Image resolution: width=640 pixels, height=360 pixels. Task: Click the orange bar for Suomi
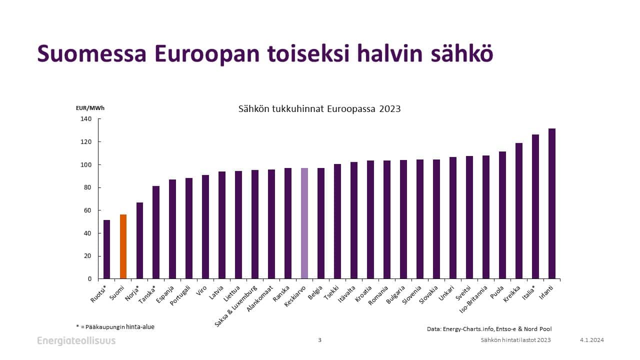click(x=123, y=246)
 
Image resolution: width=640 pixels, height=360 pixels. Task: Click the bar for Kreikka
click(x=519, y=210)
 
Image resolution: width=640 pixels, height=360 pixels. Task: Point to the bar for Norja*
click(x=139, y=240)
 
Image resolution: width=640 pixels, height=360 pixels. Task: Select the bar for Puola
click(x=502, y=215)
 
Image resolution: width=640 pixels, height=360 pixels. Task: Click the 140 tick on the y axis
click(x=86, y=119)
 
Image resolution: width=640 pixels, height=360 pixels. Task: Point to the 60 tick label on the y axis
click(x=87, y=210)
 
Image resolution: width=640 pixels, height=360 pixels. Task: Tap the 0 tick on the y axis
click(x=89, y=279)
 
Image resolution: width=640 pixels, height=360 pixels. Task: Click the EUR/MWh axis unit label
click(x=90, y=107)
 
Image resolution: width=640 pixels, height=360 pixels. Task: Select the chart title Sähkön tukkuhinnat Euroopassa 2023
click(x=319, y=108)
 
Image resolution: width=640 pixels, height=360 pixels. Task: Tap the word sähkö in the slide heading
click(x=462, y=54)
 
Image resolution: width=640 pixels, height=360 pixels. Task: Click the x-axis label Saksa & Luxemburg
click(x=236, y=305)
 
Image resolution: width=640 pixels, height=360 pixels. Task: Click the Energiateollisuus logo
click(x=76, y=340)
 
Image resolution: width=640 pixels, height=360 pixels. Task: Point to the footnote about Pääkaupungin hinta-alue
click(x=115, y=326)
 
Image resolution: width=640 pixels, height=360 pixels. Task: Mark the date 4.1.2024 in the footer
click(x=592, y=340)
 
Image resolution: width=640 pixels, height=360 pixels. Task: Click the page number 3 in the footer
click(x=320, y=340)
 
